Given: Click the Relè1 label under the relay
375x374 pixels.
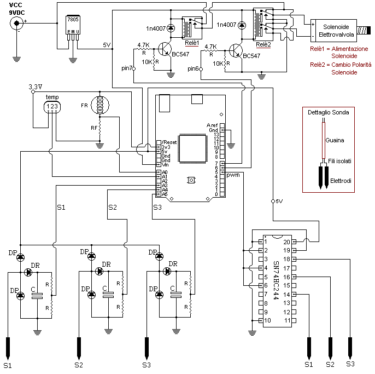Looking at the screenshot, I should coord(191,43).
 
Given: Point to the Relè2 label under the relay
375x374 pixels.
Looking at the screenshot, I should coord(263,44).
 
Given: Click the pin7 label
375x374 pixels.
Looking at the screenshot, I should coord(127,68).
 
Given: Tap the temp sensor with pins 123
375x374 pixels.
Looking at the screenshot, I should coord(52,104).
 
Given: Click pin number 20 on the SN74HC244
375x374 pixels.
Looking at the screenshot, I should coord(286,241).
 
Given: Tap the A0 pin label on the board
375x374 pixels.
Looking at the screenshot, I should coord(164,172).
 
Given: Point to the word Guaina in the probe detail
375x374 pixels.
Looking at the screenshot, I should coord(335,140).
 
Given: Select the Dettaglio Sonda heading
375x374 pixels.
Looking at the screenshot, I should coord(328,112).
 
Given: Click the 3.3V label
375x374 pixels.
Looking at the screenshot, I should coord(36,87).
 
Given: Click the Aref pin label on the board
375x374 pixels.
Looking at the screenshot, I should coord(213,125).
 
